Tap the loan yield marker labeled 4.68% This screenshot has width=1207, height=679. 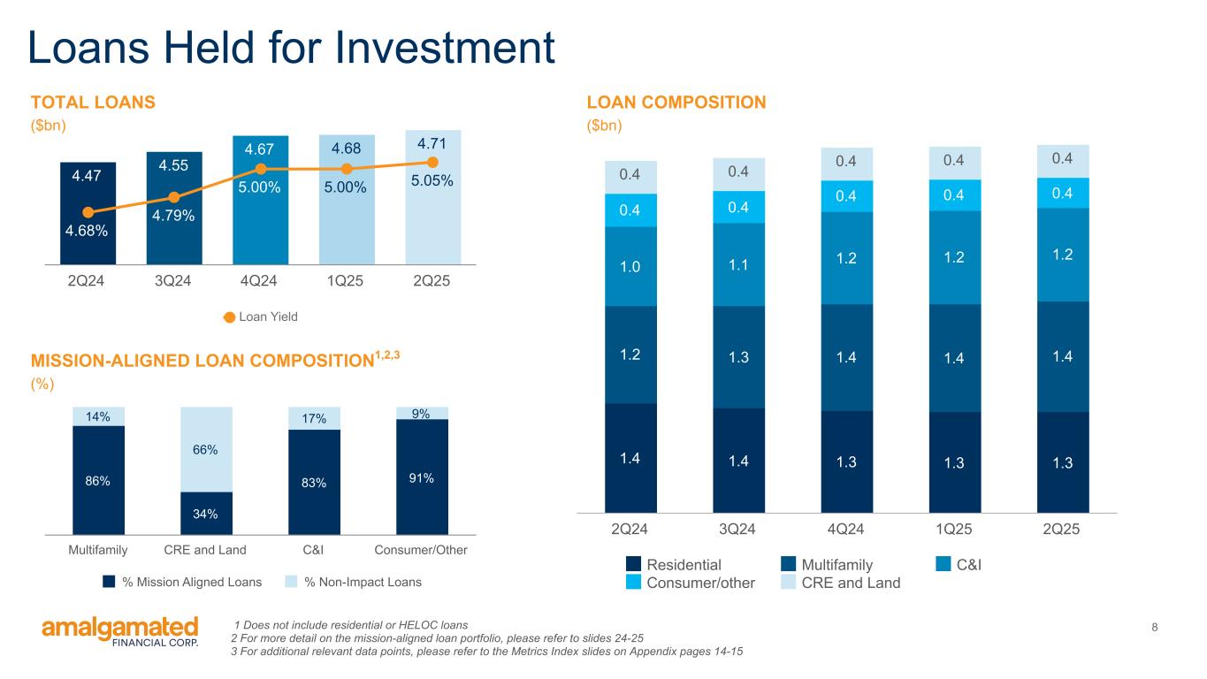coord(88,212)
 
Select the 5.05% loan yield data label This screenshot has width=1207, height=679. coord(432,181)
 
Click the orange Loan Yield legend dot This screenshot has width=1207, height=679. coord(230,317)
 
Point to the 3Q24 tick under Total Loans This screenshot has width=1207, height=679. coord(173,282)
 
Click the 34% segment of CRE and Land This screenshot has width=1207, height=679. coord(206,514)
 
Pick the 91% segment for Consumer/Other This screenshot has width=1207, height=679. coord(422,477)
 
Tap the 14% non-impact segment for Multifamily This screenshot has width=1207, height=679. coord(98,416)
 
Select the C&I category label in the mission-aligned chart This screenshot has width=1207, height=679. coord(314,550)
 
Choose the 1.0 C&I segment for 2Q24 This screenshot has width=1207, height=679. coord(630,266)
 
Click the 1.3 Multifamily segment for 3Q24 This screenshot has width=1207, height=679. coord(737,357)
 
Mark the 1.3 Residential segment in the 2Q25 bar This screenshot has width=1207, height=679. coord(1063,462)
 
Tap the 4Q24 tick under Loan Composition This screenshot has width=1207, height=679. coord(846,530)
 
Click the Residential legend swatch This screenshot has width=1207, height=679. coord(633,564)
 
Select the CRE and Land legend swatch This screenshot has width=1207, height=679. coord(790,583)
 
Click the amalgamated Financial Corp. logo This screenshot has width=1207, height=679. coord(120,631)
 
